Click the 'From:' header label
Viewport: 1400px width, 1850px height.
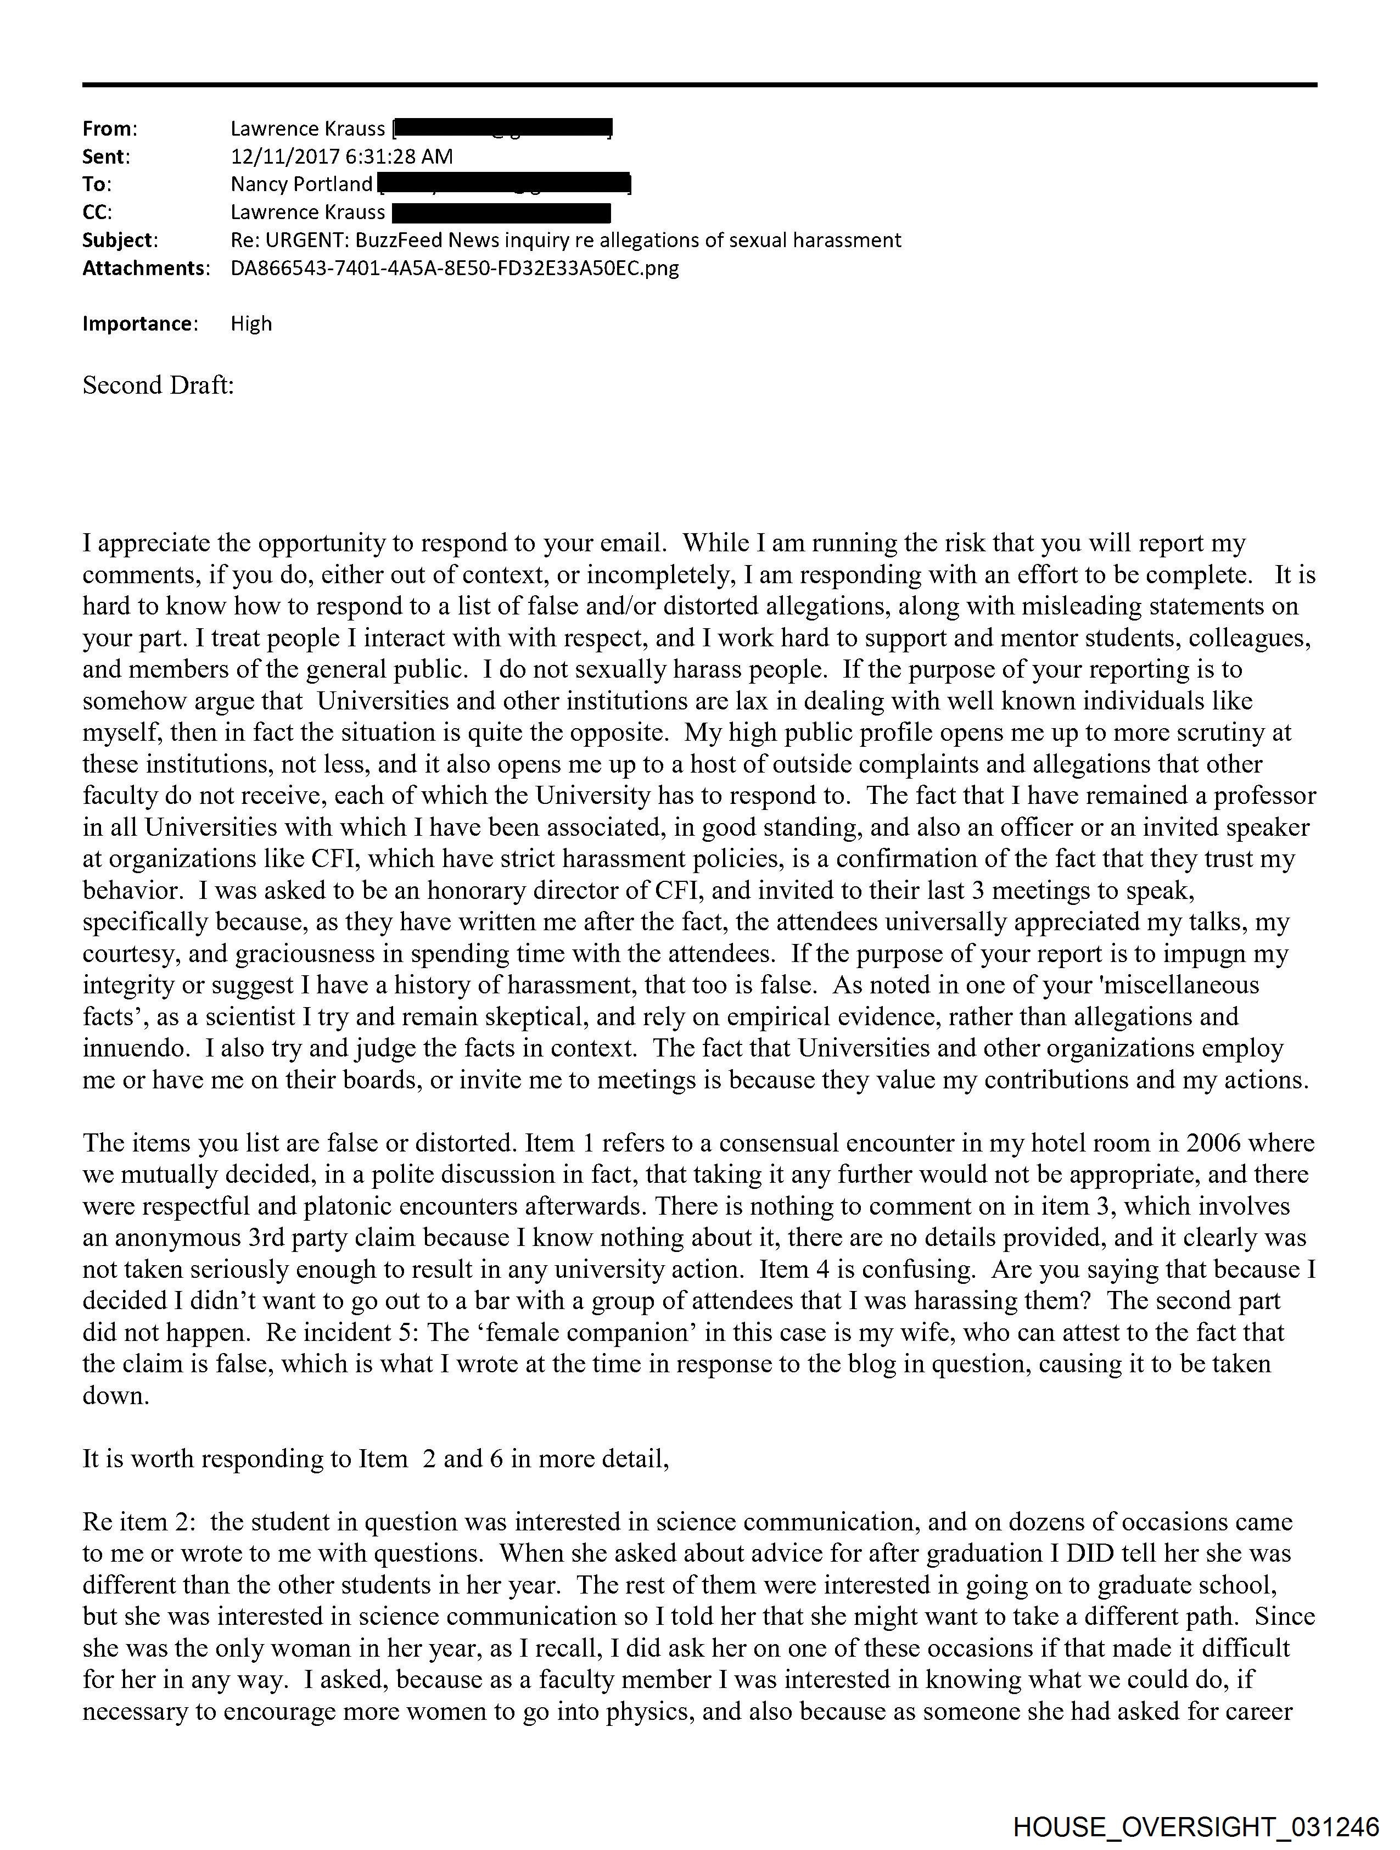110,129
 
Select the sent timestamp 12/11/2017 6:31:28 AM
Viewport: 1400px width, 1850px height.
341,157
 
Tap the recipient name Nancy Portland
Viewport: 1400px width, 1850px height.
301,184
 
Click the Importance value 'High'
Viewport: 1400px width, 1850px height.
251,323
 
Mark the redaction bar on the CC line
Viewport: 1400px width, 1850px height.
501,213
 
